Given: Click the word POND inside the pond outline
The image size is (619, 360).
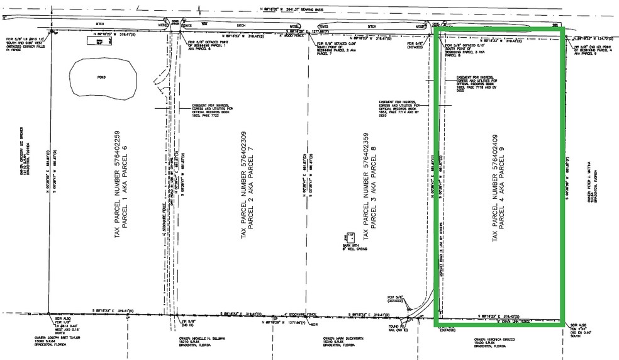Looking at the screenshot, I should tap(101, 77).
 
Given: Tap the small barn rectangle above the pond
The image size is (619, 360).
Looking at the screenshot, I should tap(100, 41).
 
